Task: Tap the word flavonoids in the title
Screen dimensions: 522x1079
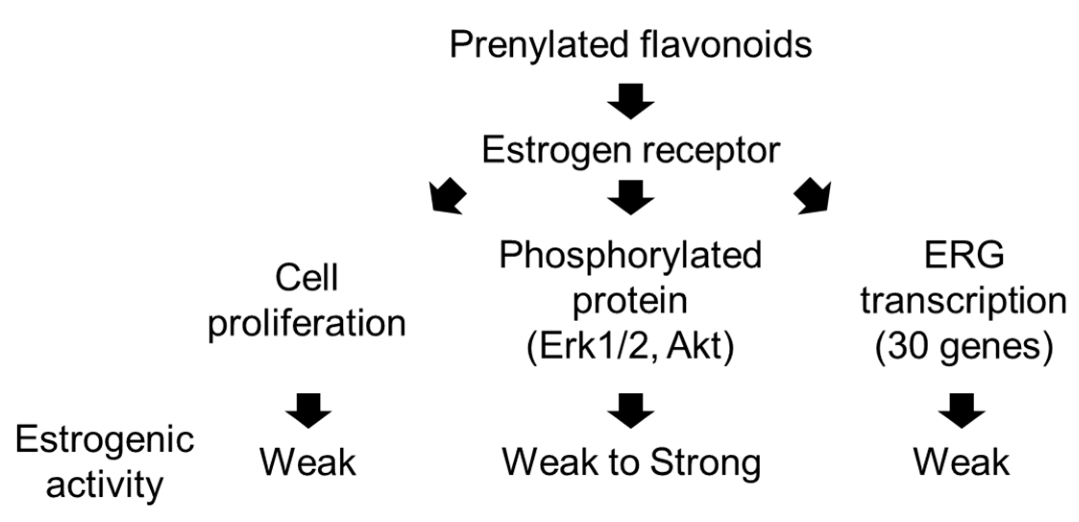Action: (x=726, y=45)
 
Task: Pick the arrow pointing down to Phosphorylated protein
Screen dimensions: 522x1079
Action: (x=630, y=197)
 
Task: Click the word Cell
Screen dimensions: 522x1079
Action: (x=306, y=278)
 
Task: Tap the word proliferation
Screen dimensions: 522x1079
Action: (x=307, y=323)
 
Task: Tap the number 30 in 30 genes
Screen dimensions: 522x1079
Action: (x=903, y=346)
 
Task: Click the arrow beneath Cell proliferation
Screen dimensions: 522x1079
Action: (x=308, y=411)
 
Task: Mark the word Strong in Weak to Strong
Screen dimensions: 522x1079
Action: (x=705, y=463)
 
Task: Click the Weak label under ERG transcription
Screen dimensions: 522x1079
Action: (x=961, y=462)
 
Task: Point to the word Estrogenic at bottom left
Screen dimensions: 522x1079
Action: (x=105, y=439)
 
